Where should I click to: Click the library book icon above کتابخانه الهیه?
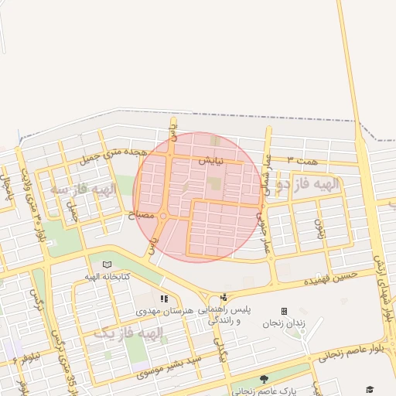[106, 264]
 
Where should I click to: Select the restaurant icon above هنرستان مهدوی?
[163, 299]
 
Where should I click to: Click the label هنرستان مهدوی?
[162, 311]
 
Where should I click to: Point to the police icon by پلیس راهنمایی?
[224, 297]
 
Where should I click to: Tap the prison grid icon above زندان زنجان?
[284, 310]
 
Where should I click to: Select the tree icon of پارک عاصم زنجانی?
[264, 379]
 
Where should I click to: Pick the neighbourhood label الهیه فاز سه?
[82, 189]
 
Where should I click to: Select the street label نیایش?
[211, 162]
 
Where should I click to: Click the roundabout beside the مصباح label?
[162, 217]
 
